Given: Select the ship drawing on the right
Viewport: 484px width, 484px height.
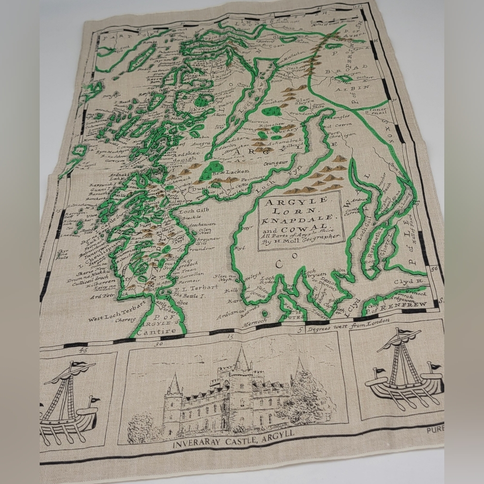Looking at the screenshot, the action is pos(404,370).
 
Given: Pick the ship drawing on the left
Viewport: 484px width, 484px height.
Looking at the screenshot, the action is pos(68,399).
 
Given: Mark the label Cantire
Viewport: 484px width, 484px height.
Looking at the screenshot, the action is pos(152,333).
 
